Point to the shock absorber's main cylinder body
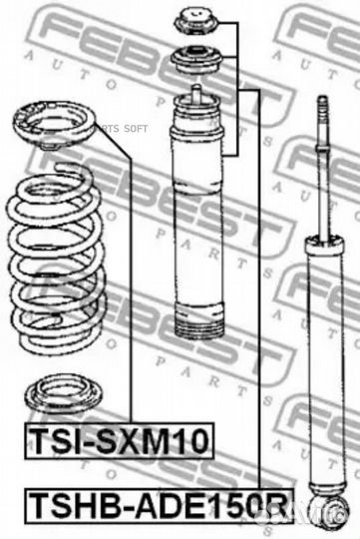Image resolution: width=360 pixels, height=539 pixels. coord(321,349)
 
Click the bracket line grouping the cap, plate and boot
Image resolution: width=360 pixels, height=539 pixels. coord(238,90)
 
